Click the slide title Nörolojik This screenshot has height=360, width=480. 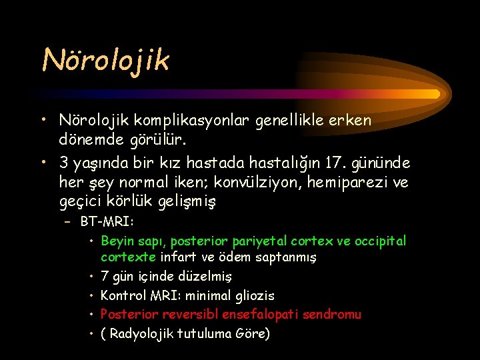click(x=106, y=60)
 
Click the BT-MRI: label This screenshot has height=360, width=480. click(x=106, y=221)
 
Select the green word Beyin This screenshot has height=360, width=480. click(x=117, y=241)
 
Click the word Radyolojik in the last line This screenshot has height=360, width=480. click(x=141, y=334)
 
